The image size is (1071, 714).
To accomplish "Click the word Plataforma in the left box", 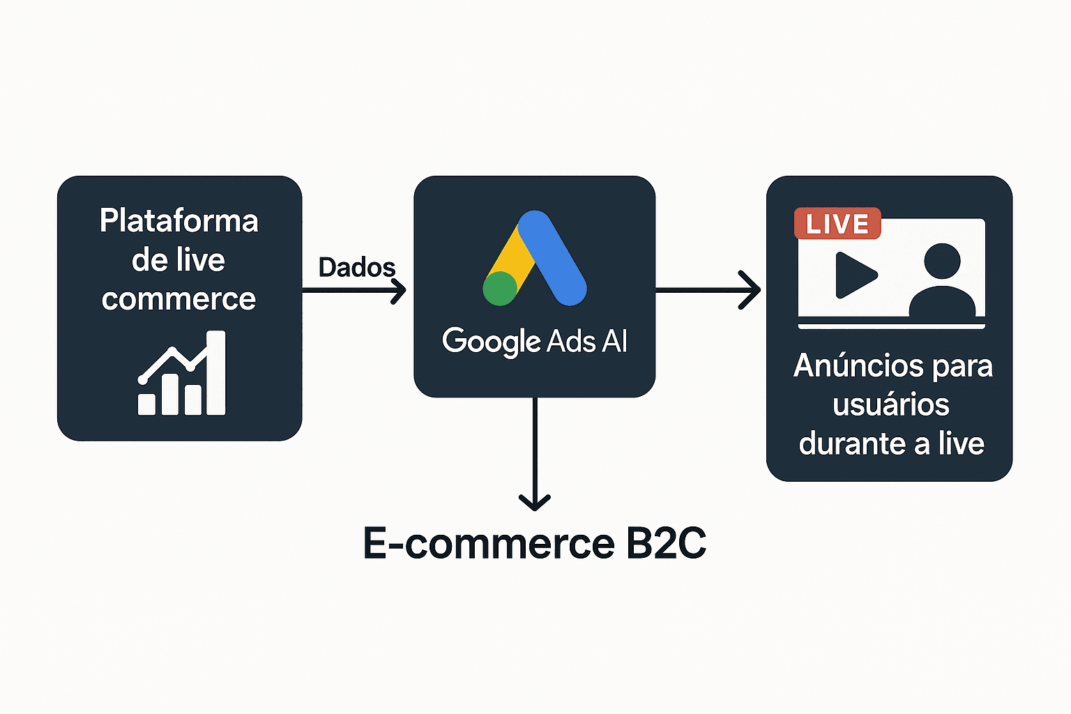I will [x=178, y=220].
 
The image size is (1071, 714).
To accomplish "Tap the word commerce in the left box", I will [x=178, y=299].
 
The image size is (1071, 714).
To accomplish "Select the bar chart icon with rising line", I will [x=182, y=374].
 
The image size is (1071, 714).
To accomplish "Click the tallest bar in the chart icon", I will [x=216, y=373].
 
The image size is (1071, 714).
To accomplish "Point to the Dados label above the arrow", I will [x=356, y=267].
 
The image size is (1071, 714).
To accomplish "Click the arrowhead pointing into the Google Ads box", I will [x=400, y=290].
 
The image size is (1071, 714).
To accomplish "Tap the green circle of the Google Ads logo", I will [x=500, y=288].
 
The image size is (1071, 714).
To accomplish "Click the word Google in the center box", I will [x=491, y=342].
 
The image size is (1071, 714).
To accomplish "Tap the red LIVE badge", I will [x=837, y=224].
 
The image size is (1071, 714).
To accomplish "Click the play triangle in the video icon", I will [x=855, y=275].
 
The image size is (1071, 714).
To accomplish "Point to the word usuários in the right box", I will [x=891, y=404].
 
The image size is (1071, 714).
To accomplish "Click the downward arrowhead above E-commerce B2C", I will [x=535, y=501].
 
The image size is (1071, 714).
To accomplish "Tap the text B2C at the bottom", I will [x=666, y=543].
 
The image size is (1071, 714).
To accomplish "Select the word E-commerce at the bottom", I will [x=489, y=543].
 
